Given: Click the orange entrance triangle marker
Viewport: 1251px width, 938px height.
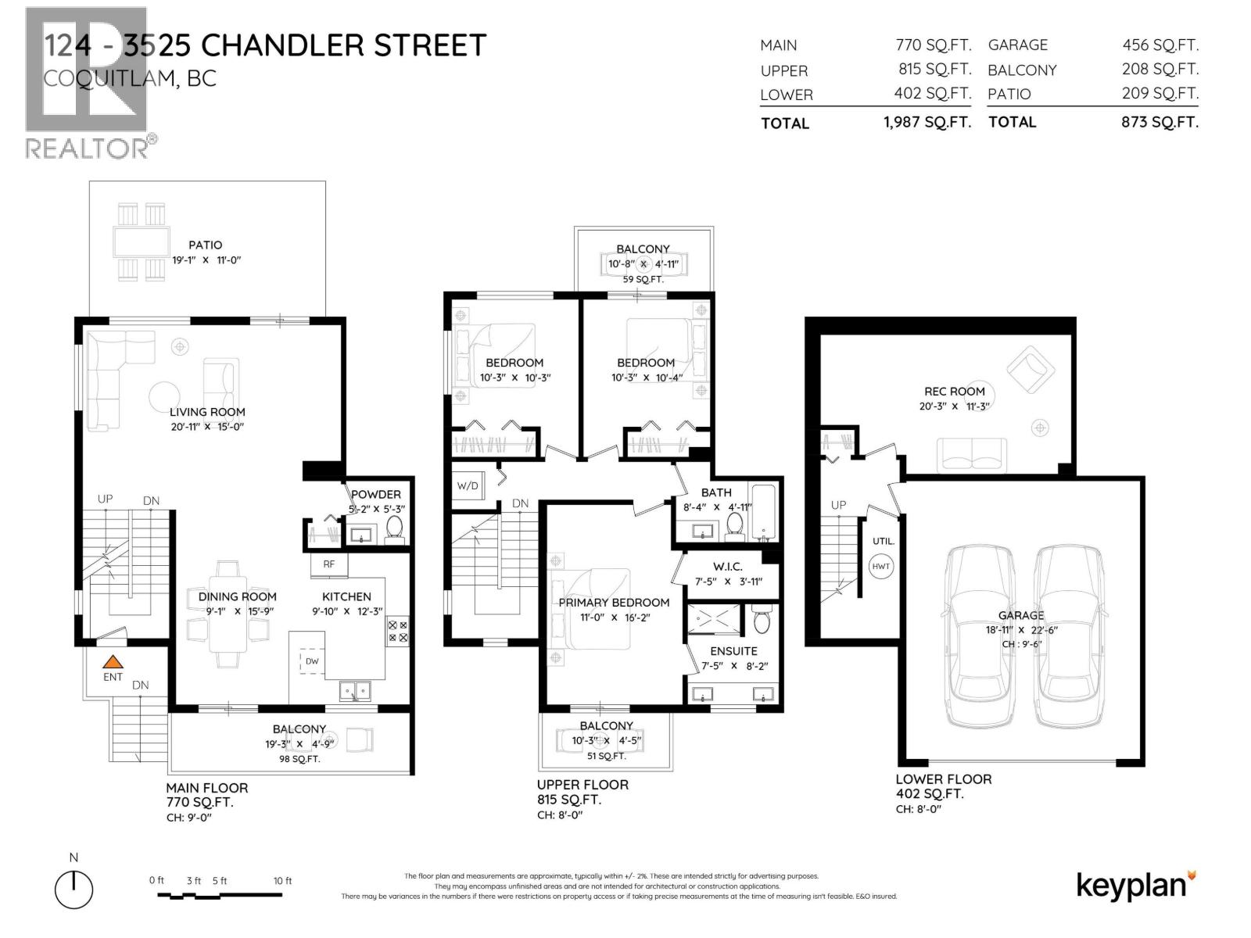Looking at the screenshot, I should click(x=113, y=661).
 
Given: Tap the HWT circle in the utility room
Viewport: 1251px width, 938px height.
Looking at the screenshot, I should click(x=881, y=566).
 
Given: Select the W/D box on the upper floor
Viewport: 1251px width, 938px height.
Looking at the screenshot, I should click(x=468, y=486).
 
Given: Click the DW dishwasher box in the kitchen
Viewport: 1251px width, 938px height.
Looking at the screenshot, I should click(x=311, y=661).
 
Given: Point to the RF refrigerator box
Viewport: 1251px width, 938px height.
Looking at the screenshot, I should click(x=328, y=564).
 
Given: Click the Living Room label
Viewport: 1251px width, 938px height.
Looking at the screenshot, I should click(x=207, y=412).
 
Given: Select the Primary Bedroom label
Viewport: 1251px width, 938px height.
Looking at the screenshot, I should click(x=614, y=603).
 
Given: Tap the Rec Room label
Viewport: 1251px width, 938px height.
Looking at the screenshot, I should click(x=955, y=392).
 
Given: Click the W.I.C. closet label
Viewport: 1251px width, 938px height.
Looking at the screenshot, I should click(x=727, y=567).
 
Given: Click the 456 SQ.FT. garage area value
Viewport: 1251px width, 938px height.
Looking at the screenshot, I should click(x=1160, y=45).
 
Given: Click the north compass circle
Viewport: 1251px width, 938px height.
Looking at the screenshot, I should click(x=74, y=890).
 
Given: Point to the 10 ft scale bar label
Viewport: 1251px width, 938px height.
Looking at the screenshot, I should click(x=282, y=881).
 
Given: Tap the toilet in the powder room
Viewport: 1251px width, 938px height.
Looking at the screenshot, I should click(x=395, y=528).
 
